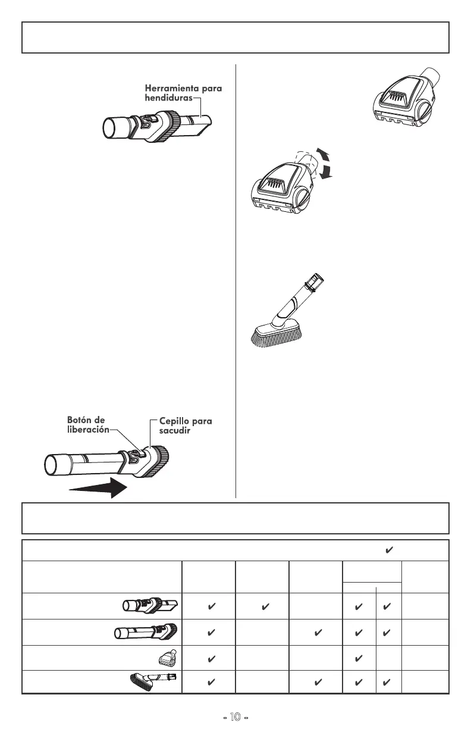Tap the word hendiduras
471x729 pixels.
point(169,98)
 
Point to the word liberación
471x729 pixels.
point(88,430)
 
